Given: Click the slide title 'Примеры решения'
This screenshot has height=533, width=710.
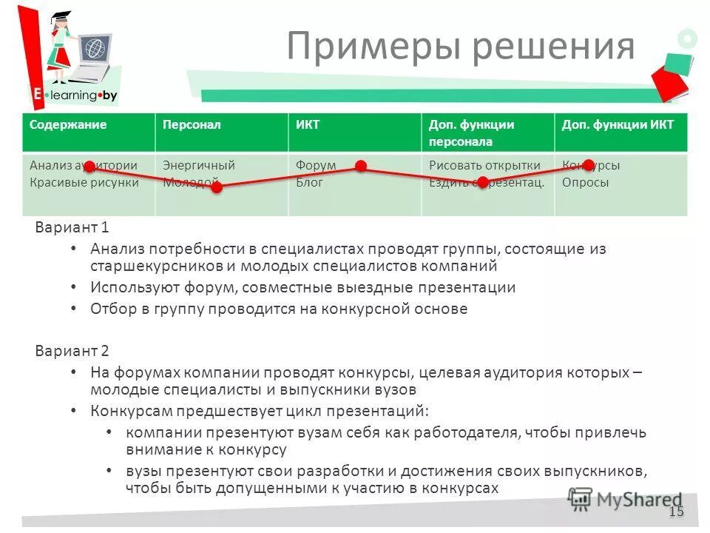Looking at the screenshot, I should coord(460,46).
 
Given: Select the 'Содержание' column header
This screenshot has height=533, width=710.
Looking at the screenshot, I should coord(68,125).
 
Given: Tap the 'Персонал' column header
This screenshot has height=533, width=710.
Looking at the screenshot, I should coord(192,125).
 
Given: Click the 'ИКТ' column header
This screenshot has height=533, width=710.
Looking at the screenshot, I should coord(308,125).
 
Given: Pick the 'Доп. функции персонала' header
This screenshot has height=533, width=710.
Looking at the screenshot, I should coord(471,133).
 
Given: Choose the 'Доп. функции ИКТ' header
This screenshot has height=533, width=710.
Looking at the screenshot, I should coord(618,125).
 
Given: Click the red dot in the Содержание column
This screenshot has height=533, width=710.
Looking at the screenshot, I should coord(89,167).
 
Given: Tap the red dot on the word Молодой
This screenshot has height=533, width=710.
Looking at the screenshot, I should coord(217,188).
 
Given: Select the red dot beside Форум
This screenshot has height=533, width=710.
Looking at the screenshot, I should coord(361,167).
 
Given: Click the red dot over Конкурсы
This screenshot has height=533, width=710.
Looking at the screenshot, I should coord(588,165).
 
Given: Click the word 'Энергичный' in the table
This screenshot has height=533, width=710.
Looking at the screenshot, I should coord(198,166).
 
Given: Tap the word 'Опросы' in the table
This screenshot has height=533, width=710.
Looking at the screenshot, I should coord(585,183).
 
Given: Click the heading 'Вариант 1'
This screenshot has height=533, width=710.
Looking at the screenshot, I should coord(72,228).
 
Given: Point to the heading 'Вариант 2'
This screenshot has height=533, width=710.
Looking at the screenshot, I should coord(72,351).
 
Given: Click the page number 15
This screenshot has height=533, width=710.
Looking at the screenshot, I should coord(676,512).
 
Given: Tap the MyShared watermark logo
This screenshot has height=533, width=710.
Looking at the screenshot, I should coord(625,500).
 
